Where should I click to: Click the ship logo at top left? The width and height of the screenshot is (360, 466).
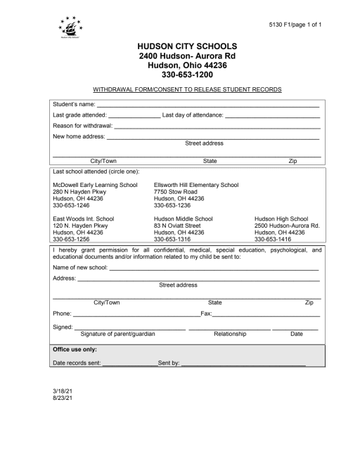pyautogui.click(x=70, y=30)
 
